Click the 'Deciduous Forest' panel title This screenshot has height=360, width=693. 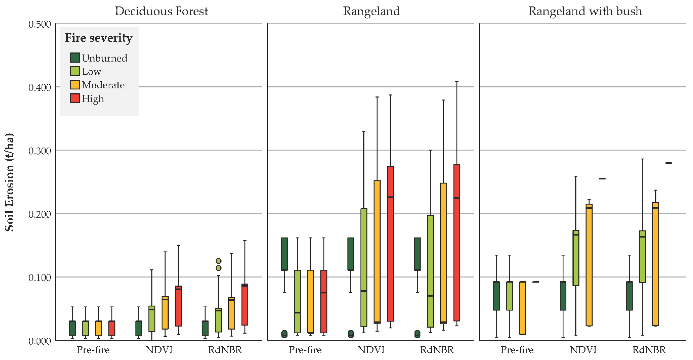pos(161,11)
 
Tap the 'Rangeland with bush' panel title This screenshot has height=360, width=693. pos(585,11)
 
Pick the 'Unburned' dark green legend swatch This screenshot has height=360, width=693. pos(75,57)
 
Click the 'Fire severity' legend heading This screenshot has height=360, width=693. pos(99,38)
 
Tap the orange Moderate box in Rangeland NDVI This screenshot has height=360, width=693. pos(377,251)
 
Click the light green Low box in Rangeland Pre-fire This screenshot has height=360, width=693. pos(298,301)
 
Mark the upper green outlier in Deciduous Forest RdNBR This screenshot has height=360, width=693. pos(219,261)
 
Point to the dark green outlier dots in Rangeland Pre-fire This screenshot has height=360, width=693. pos(284,334)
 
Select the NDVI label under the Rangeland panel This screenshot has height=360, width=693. pos(371,350)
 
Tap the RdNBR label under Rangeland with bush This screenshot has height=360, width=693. pos(649,350)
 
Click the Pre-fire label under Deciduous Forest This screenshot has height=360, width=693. pos(93,350)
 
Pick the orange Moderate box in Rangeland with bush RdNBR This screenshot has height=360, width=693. pos(656,263)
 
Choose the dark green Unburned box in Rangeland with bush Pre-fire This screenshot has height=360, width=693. pos(496,296)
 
